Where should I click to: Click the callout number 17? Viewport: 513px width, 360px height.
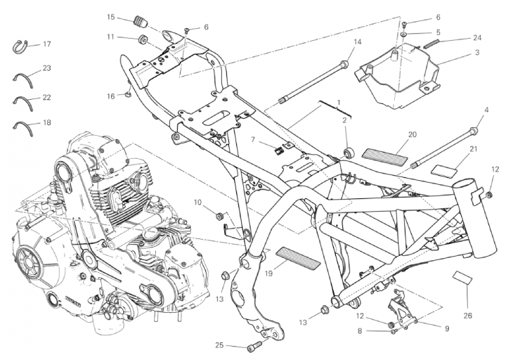47,44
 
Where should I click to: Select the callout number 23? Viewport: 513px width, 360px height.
47,68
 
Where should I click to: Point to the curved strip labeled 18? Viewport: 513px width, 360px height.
25,125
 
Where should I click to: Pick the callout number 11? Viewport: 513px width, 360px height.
111,37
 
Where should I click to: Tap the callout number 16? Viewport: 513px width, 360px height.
110,96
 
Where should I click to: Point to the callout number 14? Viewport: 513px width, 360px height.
357,42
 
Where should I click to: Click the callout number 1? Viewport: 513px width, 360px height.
339,103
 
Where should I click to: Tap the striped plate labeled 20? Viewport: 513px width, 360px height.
384,153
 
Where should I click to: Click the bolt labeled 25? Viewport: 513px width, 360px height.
254,347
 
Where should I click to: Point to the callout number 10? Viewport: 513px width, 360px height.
197,202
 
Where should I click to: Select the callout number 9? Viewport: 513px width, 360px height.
446,327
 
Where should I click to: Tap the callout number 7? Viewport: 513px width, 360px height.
252,140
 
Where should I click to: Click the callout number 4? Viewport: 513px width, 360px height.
486,110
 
